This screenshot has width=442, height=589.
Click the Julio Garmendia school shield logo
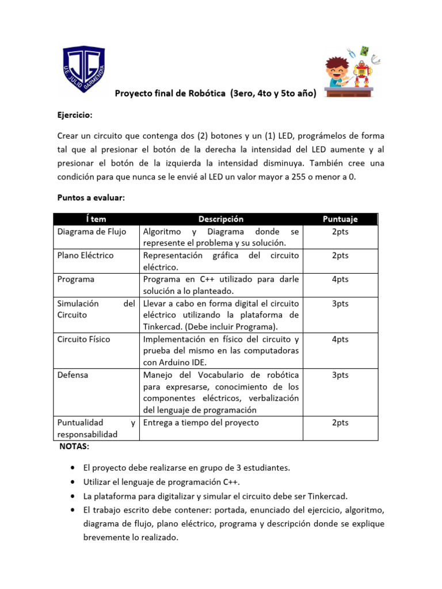point(83,70)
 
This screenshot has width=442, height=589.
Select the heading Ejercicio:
point(75,115)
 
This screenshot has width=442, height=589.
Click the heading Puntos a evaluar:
point(91,197)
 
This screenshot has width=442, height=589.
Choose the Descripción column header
point(221,219)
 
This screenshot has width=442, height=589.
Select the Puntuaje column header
point(340,219)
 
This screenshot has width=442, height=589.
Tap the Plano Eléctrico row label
point(85,255)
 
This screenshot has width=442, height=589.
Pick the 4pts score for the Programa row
point(340,280)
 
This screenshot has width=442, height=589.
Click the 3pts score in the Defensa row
point(340,375)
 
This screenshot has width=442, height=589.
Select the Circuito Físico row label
point(83,339)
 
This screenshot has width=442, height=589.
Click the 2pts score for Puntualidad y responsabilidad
point(340,423)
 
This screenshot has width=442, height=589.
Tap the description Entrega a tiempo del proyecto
point(201,423)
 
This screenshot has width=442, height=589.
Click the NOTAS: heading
point(74,447)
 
